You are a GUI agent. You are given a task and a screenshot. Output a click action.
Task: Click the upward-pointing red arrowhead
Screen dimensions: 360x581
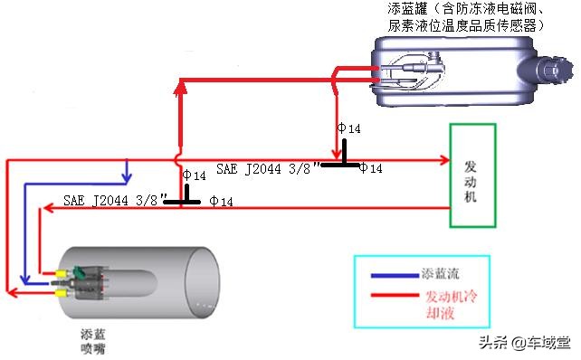click(x=180, y=86)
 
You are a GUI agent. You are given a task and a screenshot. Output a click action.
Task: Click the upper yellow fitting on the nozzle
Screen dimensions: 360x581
click(x=62, y=271)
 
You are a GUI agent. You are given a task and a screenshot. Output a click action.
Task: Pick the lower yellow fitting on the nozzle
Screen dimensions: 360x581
click(x=62, y=291)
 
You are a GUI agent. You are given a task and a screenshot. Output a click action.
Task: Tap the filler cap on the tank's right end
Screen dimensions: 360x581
click(x=551, y=70)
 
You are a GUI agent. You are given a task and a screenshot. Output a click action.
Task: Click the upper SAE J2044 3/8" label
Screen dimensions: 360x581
click(x=268, y=168)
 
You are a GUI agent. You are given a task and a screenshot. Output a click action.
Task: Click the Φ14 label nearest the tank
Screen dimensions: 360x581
click(x=348, y=129)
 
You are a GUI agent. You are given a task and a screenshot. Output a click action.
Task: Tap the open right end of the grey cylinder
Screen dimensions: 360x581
click(x=202, y=279)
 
